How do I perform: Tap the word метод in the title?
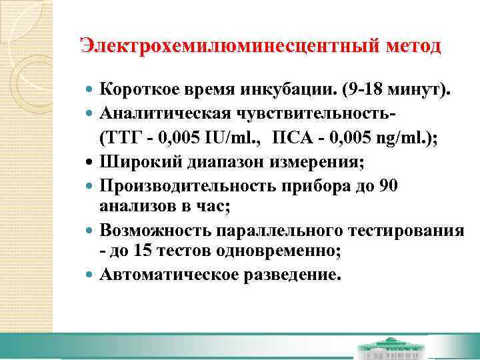pyautogui.click(x=413, y=46)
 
